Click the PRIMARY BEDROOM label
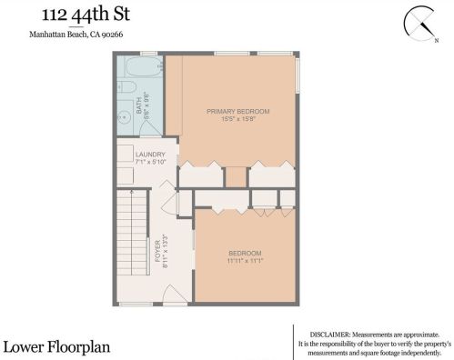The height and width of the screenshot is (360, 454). pos(238,112)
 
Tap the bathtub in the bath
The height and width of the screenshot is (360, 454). pos(144,66)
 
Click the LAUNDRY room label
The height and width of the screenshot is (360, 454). pos(150,155)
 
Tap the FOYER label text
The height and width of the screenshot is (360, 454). pos(157,251)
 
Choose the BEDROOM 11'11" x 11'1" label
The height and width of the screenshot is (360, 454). pos(245,256)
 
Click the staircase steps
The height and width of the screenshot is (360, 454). pos(132,233)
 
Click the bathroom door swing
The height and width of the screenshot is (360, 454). pos(151,128)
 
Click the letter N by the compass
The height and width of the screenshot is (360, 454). pos(437,40)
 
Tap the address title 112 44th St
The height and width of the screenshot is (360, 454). pos(86,15)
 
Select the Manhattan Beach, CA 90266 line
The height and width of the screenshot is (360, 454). pos(76,35)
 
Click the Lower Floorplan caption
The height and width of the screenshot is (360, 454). pos(56,347)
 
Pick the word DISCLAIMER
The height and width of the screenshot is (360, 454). pos(329,335)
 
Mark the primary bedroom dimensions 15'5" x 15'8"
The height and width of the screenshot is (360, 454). pos(238,119)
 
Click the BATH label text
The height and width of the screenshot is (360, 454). pos(139,105)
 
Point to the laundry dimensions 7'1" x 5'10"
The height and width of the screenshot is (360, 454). pos(150,162)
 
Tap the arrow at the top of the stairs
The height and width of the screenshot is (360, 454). pos(132,192)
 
